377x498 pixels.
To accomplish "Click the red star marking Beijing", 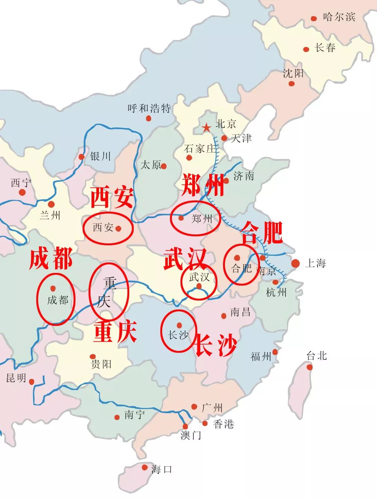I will (x=206, y=128).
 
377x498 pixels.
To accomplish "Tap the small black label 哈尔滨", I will (x=339, y=17).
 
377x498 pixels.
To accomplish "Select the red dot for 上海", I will (x=296, y=264).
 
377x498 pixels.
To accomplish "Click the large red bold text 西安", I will (x=112, y=197).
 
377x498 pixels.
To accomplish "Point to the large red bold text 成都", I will (x=51, y=258).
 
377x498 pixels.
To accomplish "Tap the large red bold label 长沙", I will (x=216, y=345).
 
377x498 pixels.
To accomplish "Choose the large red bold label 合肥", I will (x=262, y=233).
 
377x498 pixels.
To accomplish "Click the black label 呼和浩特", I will (x=149, y=108).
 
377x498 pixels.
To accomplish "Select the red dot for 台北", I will (x=310, y=367).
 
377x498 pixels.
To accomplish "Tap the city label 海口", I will (x=162, y=469).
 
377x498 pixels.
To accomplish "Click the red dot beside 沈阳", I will (x=291, y=84).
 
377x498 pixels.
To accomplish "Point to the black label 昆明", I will (x=16, y=378).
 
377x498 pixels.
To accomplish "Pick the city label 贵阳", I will (x=101, y=364).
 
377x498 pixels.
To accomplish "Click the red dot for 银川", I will (x=81, y=157).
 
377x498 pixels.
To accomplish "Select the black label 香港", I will (x=223, y=424).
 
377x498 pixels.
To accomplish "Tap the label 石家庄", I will (x=200, y=149).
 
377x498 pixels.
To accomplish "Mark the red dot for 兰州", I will (x=51, y=204).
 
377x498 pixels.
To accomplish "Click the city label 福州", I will (x=261, y=357).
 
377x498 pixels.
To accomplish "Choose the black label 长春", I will (x=325, y=48).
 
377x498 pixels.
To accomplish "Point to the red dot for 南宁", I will (x=117, y=417).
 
